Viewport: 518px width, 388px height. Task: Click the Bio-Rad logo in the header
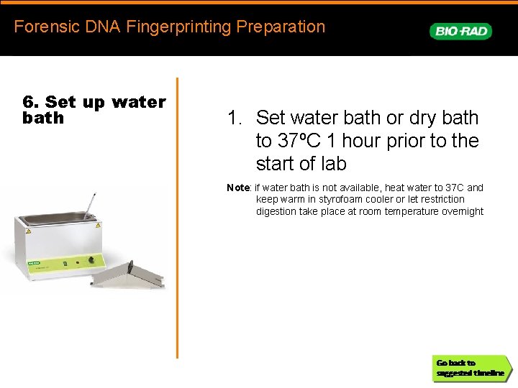[x=460, y=31]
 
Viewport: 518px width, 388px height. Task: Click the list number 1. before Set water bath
[x=235, y=117]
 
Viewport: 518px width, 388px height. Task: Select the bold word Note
[x=238, y=188]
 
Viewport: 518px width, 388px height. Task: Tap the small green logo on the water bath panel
[x=33, y=264]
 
